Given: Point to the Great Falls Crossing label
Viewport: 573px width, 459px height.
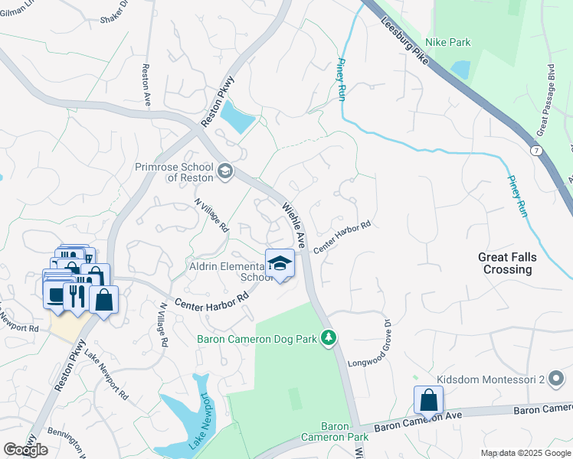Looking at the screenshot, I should pos(506,263).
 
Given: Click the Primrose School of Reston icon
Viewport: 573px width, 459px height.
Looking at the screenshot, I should pos(224,170).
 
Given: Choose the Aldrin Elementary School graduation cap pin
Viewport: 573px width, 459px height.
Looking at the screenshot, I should pos(280,264).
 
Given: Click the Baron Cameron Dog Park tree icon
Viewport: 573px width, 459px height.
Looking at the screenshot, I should pos(329,337).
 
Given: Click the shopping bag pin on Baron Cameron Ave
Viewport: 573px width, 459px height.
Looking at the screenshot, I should pos(428,399).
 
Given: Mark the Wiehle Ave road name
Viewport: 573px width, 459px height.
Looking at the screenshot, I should pos(294,225).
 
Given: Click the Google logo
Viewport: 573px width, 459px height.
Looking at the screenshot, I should pos(25,449).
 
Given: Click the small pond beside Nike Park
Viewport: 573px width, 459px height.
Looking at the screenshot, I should pos(461,70).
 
